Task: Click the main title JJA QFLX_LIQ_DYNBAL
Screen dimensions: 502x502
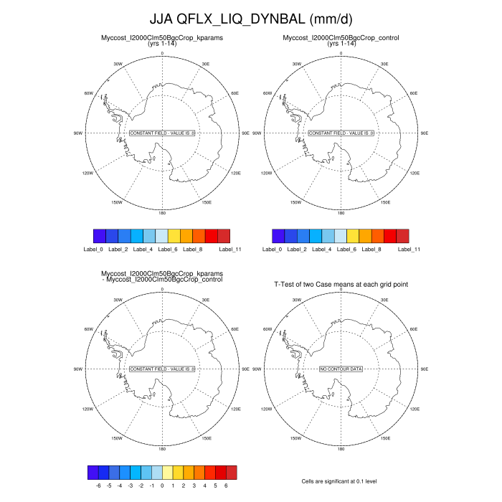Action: pos(250,17)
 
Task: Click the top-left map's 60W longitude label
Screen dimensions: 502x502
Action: pos(89,93)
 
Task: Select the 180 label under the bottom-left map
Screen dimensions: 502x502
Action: pos(162,448)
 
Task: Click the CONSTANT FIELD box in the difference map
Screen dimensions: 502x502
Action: pos(162,369)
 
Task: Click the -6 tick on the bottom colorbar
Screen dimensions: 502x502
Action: pos(98,485)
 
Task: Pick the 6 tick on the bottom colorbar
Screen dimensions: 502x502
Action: pos(226,485)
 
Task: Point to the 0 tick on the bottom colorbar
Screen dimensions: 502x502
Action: pos(162,485)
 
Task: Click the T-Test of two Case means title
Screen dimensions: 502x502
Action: pos(341,285)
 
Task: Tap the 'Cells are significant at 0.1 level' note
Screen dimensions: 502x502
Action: pos(341,480)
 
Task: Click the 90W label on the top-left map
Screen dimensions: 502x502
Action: pos(79,133)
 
